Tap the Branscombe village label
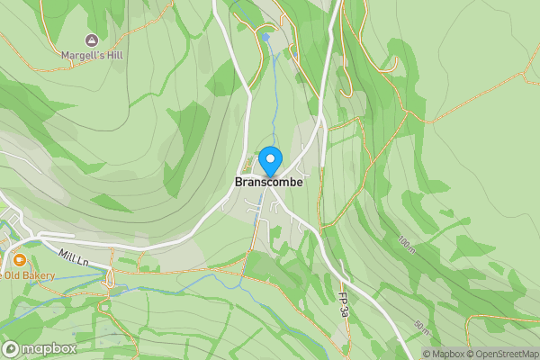(x=269, y=182)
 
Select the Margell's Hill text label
(x=92, y=55)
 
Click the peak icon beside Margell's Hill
(x=91, y=40)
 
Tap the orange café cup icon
(x=19, y=261)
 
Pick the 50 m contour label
(x=421, y=326)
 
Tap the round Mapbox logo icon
(x=11, y=349)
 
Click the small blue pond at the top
(x=265, y=37)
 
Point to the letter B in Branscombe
(x=238, y=182)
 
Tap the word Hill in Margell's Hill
(x=112, y=55)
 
